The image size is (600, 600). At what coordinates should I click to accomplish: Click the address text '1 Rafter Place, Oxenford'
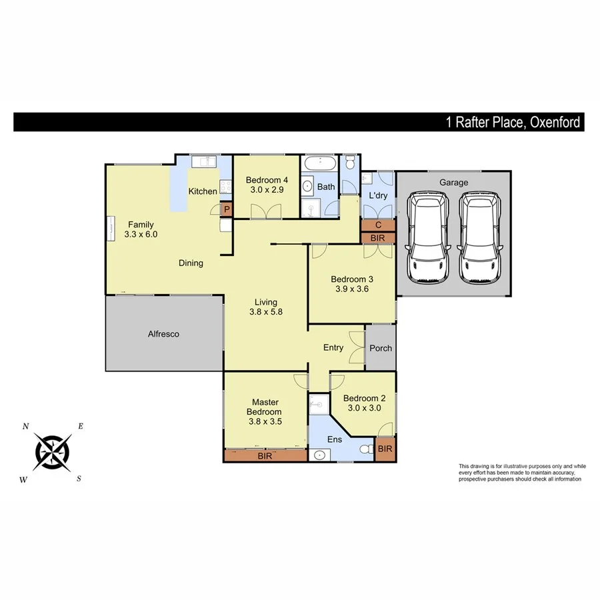(x=513, y=123)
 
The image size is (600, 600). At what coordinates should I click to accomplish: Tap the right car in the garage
(x=481, y=237)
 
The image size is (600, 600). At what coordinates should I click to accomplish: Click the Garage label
(x=453, y=182)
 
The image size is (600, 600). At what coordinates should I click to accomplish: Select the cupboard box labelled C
(x=378, y=225)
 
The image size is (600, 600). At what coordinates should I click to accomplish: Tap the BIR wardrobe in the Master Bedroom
(x=265, y=457)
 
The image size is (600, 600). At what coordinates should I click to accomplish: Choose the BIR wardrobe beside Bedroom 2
(x=385, y=449)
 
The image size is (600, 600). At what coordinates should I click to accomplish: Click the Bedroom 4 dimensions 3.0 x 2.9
(x=267, y=190)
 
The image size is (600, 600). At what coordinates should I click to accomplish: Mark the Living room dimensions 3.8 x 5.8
(x=267, y=311)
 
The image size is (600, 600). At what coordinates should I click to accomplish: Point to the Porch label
(x=381, y=348)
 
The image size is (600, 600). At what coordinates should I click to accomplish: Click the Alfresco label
(x=163, y=334)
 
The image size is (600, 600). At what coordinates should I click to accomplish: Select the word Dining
(x=191, y=263)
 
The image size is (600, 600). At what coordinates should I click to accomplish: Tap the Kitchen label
(x=203, y=191)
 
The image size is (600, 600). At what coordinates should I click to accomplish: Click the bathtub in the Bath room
(x=321, y=164)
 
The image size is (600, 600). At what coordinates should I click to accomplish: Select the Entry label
(x=333, y=347)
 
